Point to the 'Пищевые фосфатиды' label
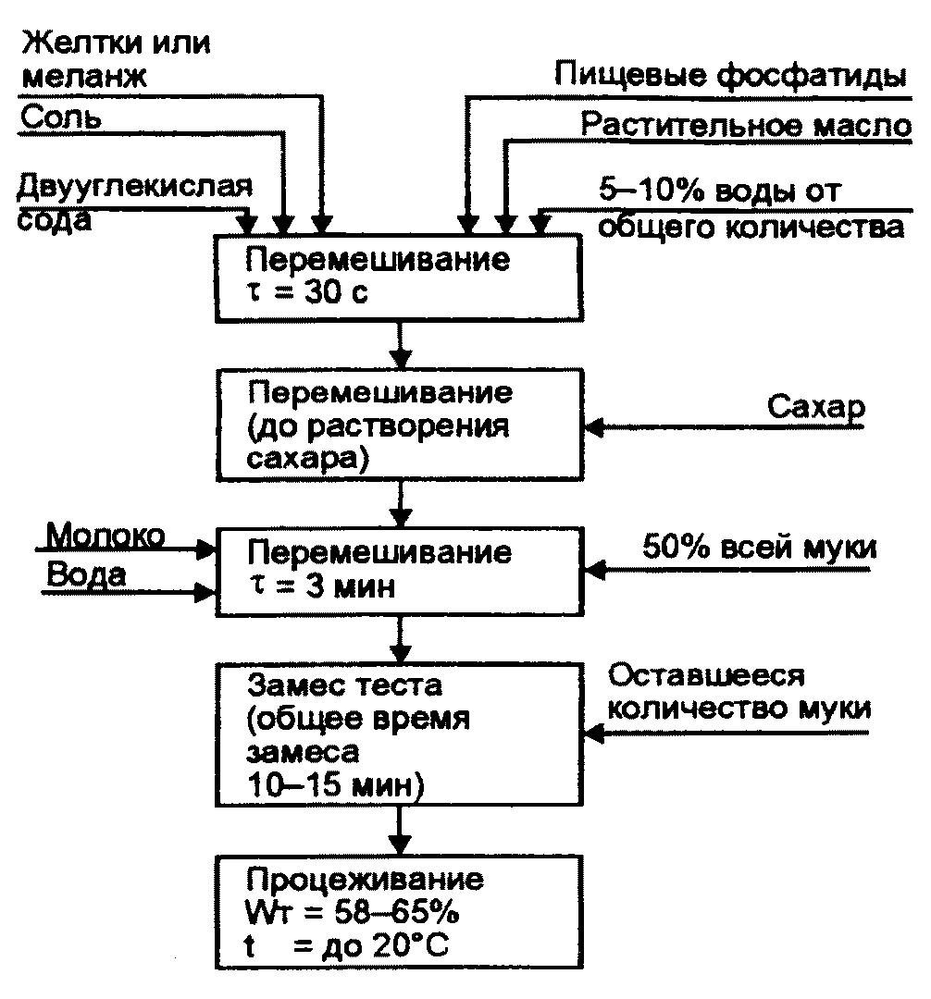729,73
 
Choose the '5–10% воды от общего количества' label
750,209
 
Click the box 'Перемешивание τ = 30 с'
400,277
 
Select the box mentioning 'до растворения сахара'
400,425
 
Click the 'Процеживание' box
400,912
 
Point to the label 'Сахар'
813,408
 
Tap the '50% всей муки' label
759,548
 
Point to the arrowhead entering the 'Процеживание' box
400,845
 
